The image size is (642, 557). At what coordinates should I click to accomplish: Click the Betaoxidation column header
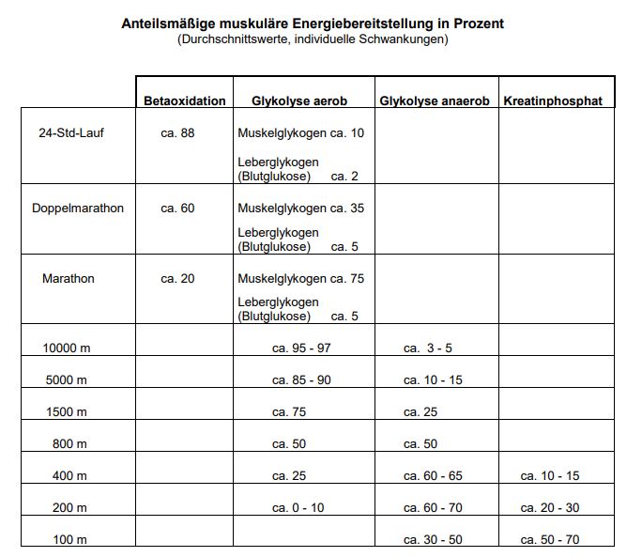(x=185, y=101)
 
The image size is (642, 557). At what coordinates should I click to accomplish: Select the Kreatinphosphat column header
(x=553, y=101)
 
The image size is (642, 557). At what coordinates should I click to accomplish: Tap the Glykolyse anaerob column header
(x=434, y=101)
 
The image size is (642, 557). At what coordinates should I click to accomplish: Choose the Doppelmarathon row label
(x=78, y=208)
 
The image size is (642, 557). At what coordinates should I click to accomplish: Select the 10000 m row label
(x=67, y=348)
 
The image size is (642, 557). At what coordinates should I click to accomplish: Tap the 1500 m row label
(x=67, y=411)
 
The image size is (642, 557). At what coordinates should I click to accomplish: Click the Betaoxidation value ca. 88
(x=177, y=132)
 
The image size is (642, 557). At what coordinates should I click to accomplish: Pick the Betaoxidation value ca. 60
(x=177, y=208)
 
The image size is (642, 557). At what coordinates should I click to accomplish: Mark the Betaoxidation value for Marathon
(x=177, y=278)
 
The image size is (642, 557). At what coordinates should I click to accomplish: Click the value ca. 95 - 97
(x=301, y=348)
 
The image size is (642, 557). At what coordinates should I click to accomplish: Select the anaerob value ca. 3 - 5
(x=428, y=348)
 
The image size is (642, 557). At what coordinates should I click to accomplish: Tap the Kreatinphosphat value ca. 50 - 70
(x=550, y=540)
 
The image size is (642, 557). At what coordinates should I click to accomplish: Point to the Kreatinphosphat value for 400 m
(x=550, y=476)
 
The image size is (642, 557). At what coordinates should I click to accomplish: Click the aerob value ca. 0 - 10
(x=298, y=508)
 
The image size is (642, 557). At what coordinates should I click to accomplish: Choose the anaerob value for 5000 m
(x=433, y=380)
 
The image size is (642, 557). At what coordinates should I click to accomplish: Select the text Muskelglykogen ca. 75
(x=300, y=278)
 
